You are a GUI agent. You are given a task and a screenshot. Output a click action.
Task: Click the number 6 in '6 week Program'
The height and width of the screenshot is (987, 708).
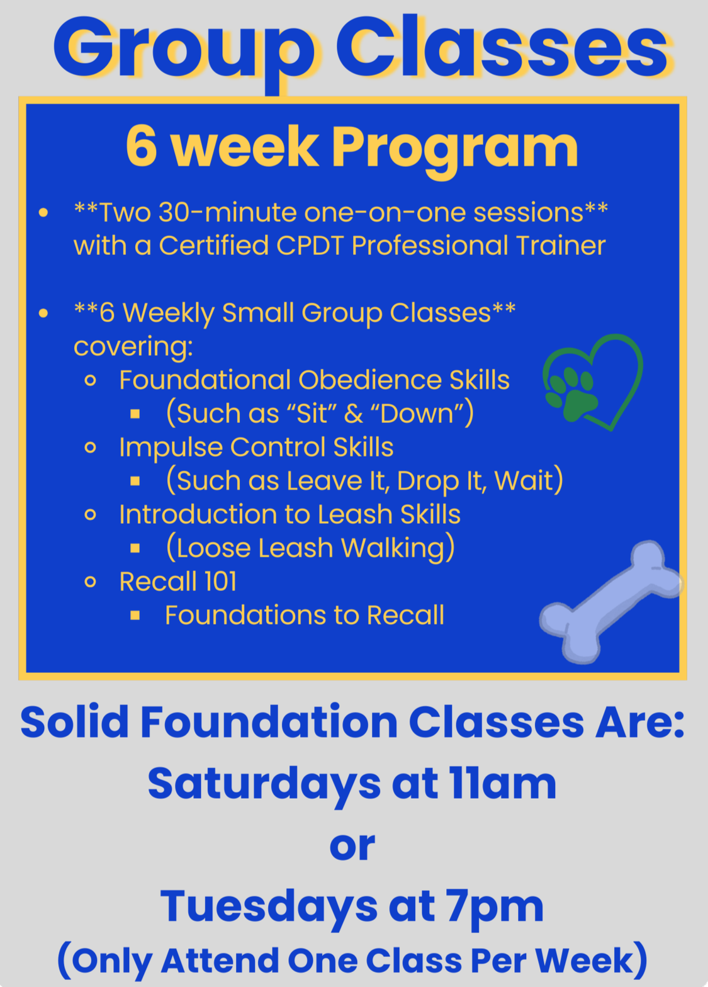pyautogui.click(x=141, y=146)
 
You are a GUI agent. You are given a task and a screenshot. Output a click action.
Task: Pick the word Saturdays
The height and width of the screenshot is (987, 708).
pyautogui.click(x=264, y=784)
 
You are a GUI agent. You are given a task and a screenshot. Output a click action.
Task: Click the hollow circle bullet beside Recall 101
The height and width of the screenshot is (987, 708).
pyautogui.click(x=91, y=582)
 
